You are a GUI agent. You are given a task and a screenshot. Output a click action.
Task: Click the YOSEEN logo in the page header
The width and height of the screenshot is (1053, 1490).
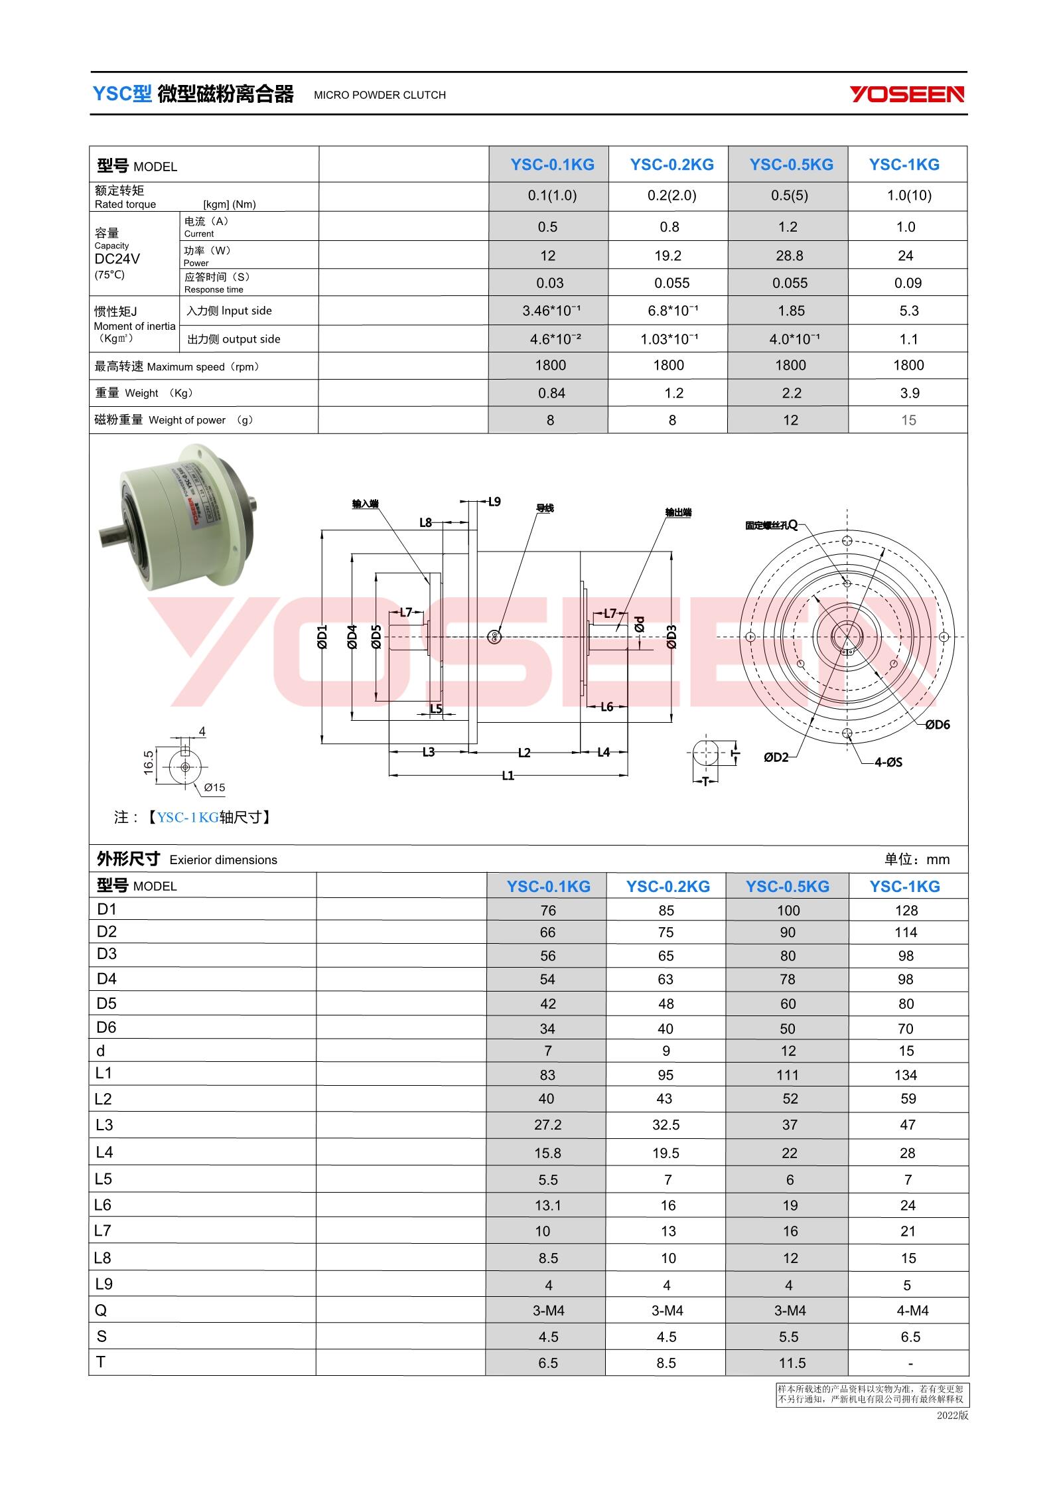coord(907,94)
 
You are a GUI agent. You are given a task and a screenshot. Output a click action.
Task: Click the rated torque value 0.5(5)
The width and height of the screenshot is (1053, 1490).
coord(789,196)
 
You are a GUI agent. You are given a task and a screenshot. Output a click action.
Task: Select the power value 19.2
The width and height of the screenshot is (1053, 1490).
coord(668,256)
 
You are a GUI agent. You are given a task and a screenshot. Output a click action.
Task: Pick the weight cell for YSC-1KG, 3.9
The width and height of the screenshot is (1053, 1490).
coord(909,394)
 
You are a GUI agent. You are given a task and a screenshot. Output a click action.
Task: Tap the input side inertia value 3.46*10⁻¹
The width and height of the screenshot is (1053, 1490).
coord(551,311)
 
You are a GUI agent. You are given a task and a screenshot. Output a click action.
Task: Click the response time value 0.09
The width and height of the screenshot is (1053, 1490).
coord(908,283)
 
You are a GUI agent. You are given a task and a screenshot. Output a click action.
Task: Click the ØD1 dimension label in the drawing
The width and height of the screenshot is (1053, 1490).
coord(322,636)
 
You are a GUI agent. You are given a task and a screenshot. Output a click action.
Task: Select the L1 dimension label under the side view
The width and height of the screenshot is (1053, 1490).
coord(508,775)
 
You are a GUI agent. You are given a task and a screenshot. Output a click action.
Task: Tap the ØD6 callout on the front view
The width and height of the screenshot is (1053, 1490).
coord(937,725)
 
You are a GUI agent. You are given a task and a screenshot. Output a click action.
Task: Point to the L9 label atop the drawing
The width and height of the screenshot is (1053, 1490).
coord(494,502)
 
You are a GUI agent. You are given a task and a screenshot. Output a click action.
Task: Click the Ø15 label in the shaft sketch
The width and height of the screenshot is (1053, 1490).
coord(214,788)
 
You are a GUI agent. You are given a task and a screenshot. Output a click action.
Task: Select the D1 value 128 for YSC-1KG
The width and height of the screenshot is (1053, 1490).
coord(906,911)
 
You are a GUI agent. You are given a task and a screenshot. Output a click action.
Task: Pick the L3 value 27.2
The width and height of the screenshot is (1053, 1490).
coord(548,1125)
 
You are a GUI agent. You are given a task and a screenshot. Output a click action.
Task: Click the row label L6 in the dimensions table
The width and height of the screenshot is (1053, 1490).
coord(103,1205)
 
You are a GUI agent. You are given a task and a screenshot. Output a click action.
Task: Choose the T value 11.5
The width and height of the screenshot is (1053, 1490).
coord(789,1363)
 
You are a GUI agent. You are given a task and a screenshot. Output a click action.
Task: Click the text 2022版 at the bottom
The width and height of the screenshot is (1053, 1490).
coord(952,1415)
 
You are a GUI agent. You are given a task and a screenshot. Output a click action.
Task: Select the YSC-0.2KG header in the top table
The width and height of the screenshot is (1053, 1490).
coord(671,165)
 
